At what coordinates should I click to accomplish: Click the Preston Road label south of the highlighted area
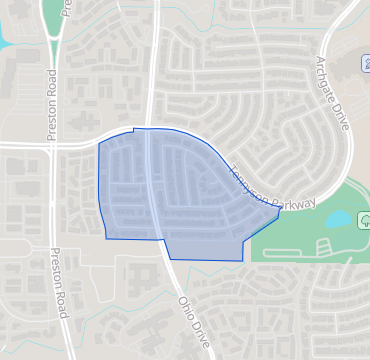tap(60, 284)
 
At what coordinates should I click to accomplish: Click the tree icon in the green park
tap(364, 218)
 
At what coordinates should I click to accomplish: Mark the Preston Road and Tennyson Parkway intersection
tap(52, 145)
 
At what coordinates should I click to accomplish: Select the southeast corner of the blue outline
tap(243, 259)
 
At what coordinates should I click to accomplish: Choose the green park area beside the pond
tap(300, 235)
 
